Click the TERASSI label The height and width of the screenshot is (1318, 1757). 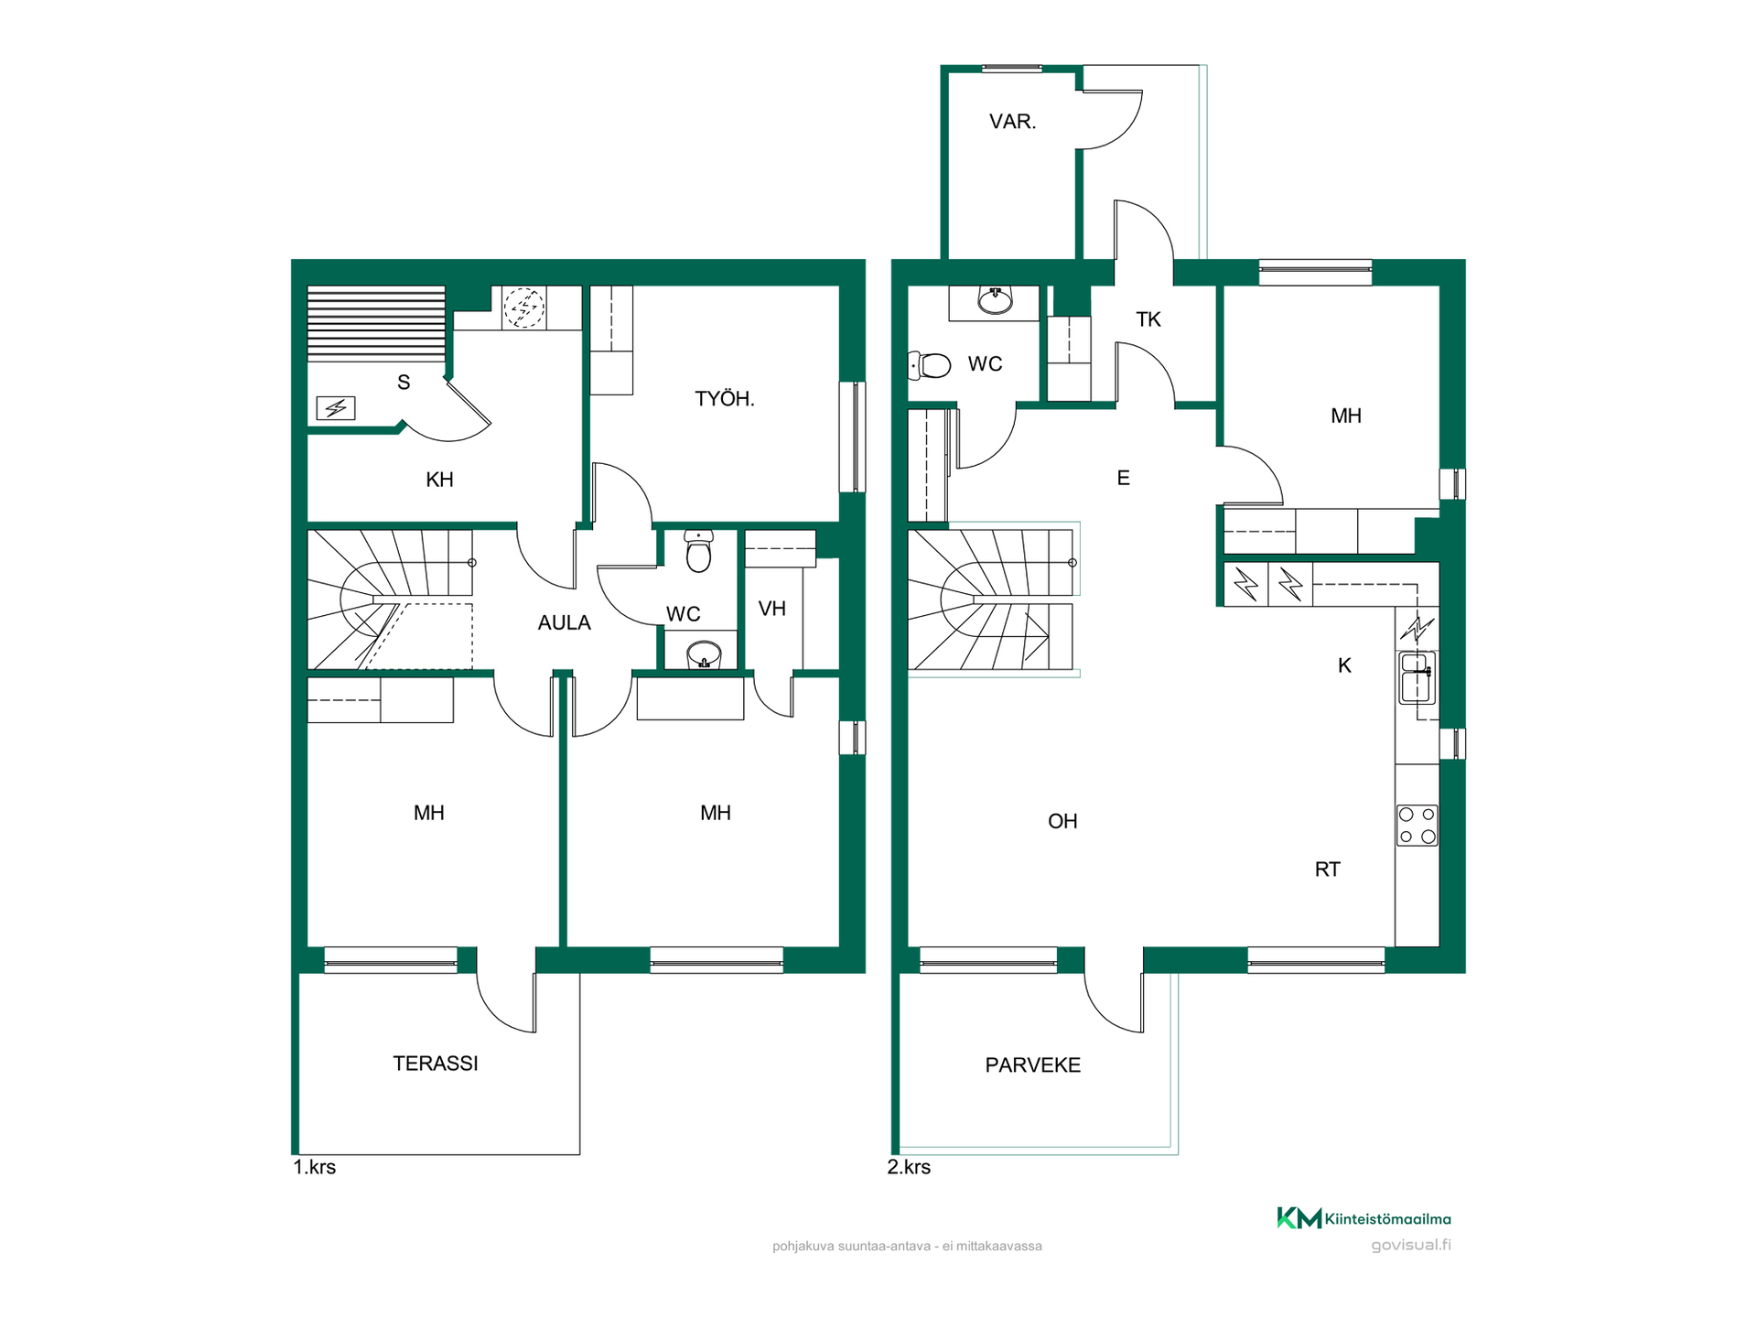coord(436,1064)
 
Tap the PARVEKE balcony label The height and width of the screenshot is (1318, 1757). coord(1033,1065)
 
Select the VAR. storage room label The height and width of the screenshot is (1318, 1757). coord(1013,122)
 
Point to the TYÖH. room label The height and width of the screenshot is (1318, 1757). coord(725,399)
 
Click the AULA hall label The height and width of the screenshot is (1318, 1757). coord(565,623)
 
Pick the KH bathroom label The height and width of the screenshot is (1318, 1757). coord(440,480)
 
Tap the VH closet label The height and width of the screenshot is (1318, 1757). coord(772,609)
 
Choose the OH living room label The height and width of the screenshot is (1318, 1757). coord(1062,822)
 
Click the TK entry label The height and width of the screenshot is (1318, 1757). coord(1148,319)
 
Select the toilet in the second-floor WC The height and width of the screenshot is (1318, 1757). coord(929,366)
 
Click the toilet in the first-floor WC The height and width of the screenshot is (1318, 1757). coord(698,551)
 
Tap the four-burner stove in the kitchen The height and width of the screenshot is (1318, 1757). coord(1417,825)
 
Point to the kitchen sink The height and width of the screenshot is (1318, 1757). coord(1417,677)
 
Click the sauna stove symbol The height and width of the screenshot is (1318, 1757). coord(336,408)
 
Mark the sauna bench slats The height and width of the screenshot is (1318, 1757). coord(376,324)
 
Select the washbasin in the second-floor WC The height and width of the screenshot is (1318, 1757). coord(995,299)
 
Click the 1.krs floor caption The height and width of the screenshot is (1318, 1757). coord(315,1168)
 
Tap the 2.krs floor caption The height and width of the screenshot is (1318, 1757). coord(909,1168)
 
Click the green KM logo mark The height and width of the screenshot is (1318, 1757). coord(1299,1218)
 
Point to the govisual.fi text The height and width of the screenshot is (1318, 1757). coord(1411,1245)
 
